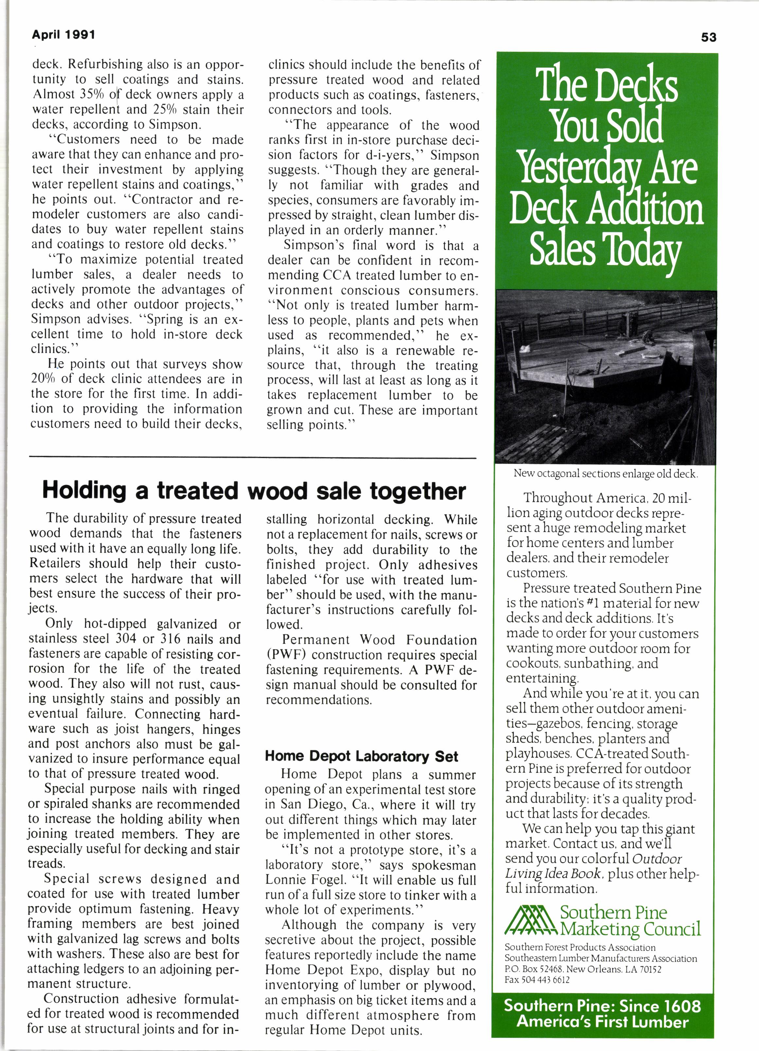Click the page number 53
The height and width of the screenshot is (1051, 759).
(709, 37)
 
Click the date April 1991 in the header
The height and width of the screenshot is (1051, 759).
(63, 35)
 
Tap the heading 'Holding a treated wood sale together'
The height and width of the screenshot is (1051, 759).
(254, 491)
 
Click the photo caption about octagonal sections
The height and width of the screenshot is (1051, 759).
(605, 473)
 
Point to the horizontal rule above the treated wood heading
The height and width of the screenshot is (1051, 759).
(253, 459)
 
